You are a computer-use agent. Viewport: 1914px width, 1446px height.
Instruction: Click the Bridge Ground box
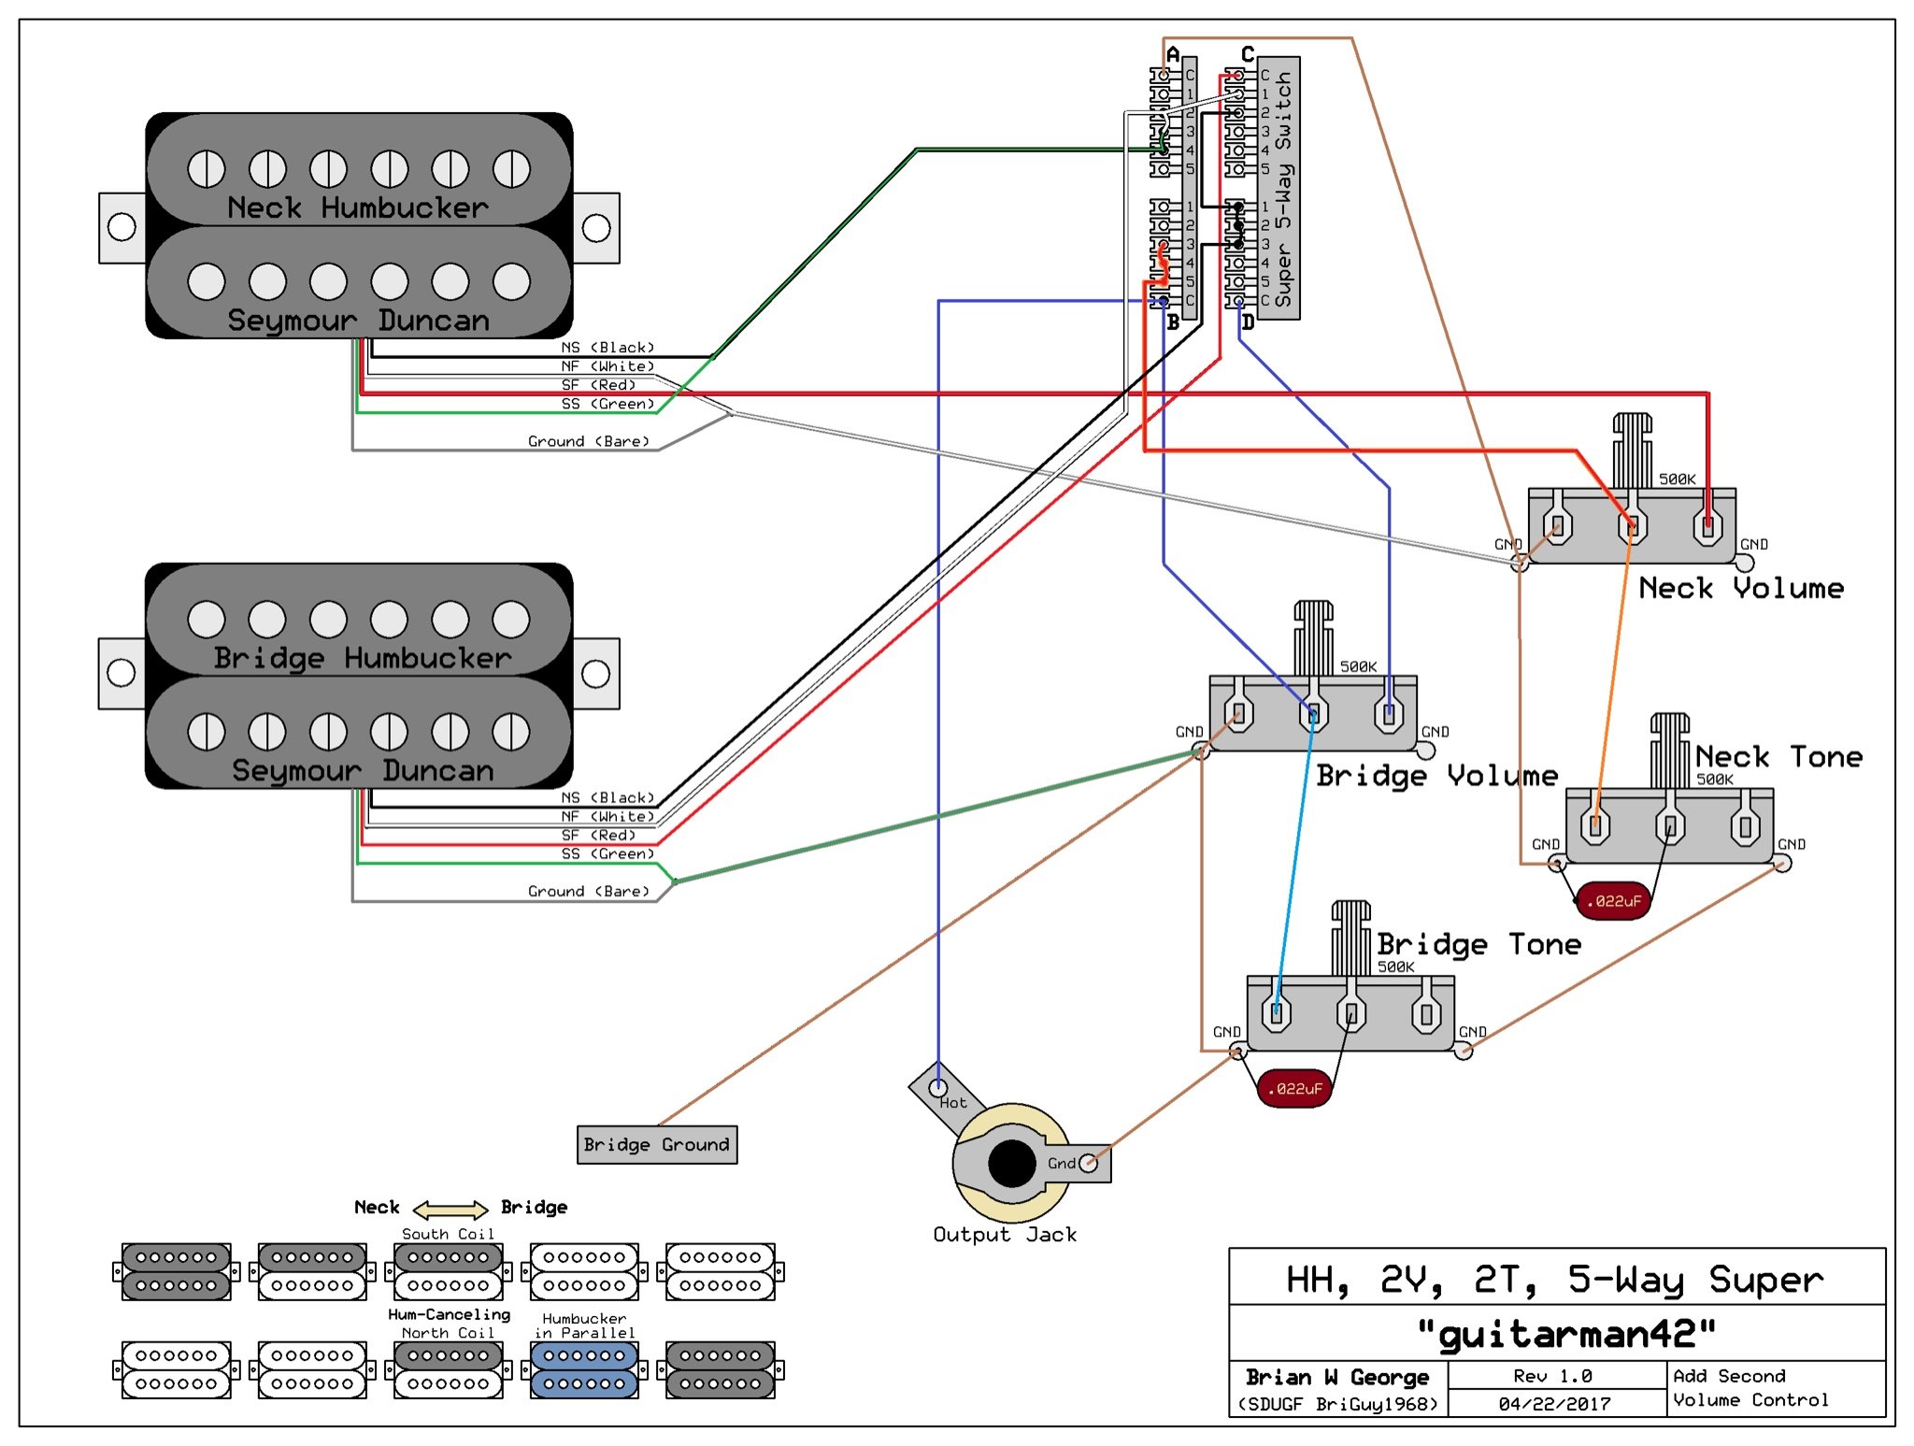coord(657,1144)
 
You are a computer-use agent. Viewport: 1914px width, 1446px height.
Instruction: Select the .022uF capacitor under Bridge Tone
coord(1294,1089)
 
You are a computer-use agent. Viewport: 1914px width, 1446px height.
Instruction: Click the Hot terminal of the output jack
coord(937,1087)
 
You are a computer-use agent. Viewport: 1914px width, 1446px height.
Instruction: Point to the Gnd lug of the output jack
coord(1088,1164)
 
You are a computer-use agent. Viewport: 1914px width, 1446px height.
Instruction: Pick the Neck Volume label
coord(1741,588)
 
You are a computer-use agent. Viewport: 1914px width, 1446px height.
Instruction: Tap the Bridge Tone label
coord(1478,944)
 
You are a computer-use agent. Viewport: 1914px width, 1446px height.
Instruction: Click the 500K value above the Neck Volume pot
coord(1677,479)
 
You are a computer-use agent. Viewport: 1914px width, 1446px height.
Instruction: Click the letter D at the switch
coord(1247,323)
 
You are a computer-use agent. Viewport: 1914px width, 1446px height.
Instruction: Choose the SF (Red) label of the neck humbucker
coord(598,385)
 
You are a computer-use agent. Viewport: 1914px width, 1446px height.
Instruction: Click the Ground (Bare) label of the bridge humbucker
coord(588,891)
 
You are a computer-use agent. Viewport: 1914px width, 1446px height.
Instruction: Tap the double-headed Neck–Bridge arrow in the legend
coord(450,1209)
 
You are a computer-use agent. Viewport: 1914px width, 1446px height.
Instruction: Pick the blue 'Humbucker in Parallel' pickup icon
coord(584,1369)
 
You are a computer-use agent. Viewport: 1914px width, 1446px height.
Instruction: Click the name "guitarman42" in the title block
coord(1565,1334)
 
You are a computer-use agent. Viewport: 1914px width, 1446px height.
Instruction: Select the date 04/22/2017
coord(1554,1404)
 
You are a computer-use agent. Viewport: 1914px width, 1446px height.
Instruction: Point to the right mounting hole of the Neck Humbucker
coord(596,227)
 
